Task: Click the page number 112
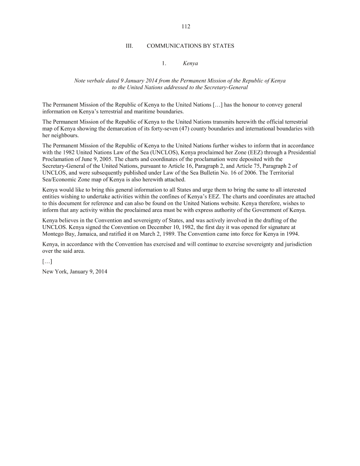pos(186,27)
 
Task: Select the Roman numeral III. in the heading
pos(130,45)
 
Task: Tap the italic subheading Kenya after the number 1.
pos(190,64)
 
